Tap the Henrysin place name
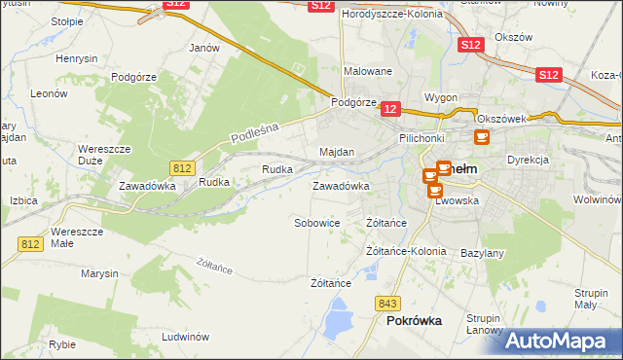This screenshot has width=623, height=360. (x=77, y=59)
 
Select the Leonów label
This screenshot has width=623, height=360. (x=48, y=94)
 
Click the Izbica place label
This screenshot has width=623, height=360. (x=22, y=200)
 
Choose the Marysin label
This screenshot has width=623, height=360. (x=99, y=273)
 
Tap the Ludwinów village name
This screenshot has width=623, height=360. (x=187, y=337)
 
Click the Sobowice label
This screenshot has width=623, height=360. (x=317, y=223)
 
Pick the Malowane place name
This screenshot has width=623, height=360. (x=368, y=71)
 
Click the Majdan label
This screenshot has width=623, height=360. (x=337, y=153)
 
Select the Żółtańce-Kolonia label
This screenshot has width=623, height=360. (x=406, y=251)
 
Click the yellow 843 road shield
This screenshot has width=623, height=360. (x=390, y=304)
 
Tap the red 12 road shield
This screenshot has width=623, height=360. (x=390, y=112)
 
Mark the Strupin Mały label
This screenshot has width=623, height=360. (x=592, y=299)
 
